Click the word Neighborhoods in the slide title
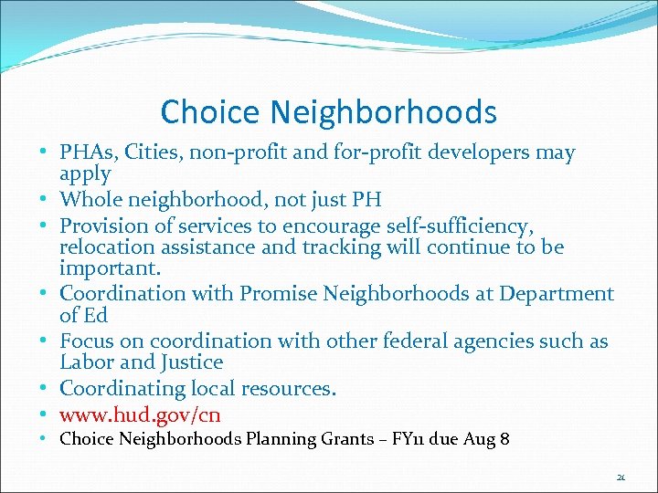coord(384,112)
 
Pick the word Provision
coord(103,225)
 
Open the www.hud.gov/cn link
coord(140,414)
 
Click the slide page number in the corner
coord(621,477)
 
